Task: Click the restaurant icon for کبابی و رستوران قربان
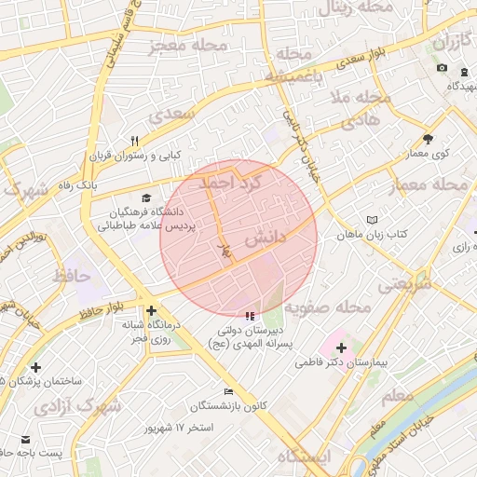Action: pos(134,141)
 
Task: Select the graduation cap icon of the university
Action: pos(145,198)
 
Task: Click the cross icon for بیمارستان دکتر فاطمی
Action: pos(341,348)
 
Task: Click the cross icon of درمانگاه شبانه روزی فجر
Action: pos(151,311)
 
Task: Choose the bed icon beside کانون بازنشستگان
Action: pos(228,391)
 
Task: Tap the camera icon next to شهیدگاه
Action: pos(441,69)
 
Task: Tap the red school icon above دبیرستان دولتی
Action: pos(248,317)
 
